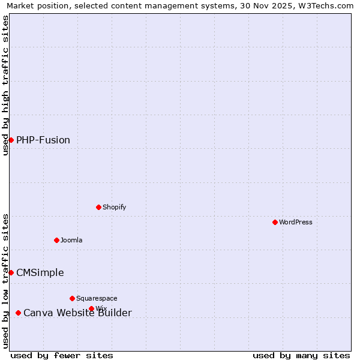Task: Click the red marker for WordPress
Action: click(x=275, y=222)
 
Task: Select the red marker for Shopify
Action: click(x=98, y=207)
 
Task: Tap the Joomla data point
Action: click(x=56, y=240)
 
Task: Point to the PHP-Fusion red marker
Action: click(x=11, y=140)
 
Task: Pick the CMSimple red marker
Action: click(x=11, y=272)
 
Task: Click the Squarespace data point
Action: click(x=72, y=298)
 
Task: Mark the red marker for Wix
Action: click(x=91, y=308)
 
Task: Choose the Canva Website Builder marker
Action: click(x=18, y=313)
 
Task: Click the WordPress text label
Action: click(x=296, y=222)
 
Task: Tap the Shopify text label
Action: click(x=114, y=207)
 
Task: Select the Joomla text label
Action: click(x=71, y=240)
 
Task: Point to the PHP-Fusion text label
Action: click(x=43, y=140)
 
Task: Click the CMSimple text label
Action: click(x=40, y=272)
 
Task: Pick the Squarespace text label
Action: click(x=97, y=298)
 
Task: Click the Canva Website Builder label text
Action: click(x=77, y=313)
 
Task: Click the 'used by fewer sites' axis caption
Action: click(x=62, y=355)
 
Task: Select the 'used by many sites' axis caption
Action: click(x=301, y=355)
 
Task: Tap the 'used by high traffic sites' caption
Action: click(x=5, y=85)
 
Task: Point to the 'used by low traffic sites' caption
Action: click(x=5, y=281)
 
